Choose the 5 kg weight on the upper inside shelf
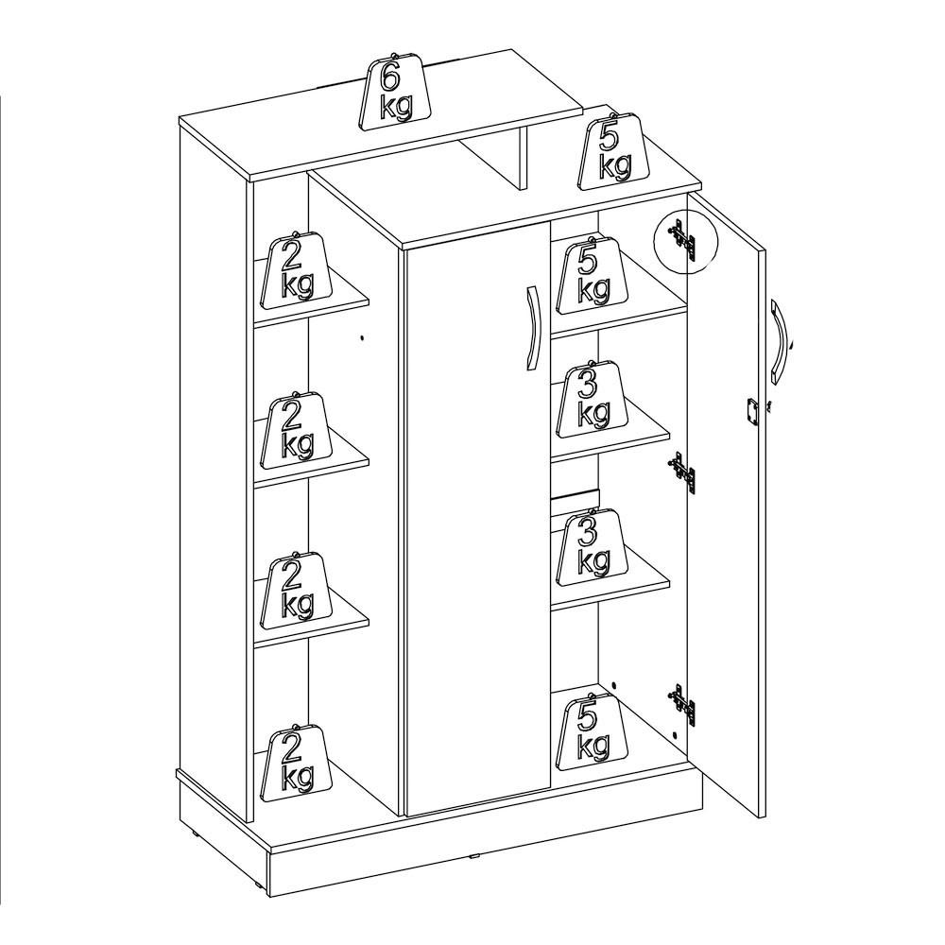593,274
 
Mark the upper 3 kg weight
593,400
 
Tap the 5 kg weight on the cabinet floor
593,731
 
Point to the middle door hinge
682,472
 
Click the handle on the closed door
531,329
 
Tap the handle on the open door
780,341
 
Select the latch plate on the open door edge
751,413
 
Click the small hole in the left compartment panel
362,338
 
